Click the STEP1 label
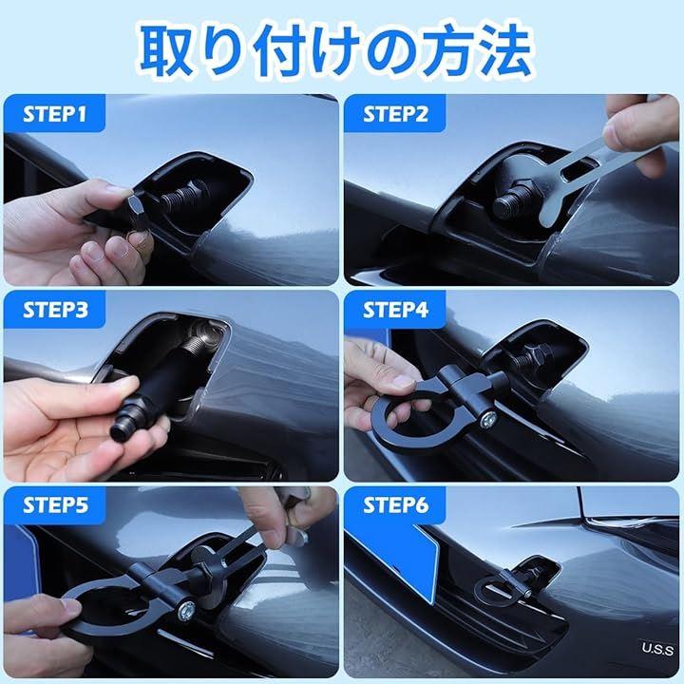click(x=54, y=114)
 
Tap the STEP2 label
click(x=395, y=114)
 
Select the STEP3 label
click(x=55, y=310)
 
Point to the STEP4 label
click(x=395, y=310)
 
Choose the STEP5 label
click(x=55, y=505)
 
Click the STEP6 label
click(x=395, y=505)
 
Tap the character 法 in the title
click(x=505, y=50)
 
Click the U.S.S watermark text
click(x=657, y=649)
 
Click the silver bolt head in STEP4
click(x=487, y=420)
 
